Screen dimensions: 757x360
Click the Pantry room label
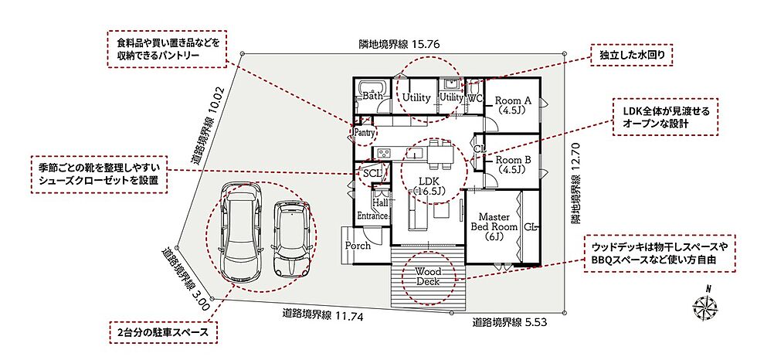click(x=364, y=132)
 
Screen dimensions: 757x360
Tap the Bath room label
click(x=372, y=96)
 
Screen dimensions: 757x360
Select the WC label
click(x=476, y=98)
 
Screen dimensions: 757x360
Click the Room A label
click(x=513, y=105)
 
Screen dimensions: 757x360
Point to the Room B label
click(x=513, y=165)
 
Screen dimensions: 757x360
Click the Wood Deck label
click(x=428, y=277)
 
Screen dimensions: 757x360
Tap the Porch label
click(x=358, y=246)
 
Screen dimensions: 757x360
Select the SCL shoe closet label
click(x=372, y=172)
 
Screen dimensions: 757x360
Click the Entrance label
click(x=372, y=216)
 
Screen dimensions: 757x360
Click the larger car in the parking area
click(x=241, y=236)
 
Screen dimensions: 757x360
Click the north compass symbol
click(x=705, y=304)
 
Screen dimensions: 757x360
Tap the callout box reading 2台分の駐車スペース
click(x=163, y=332)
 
